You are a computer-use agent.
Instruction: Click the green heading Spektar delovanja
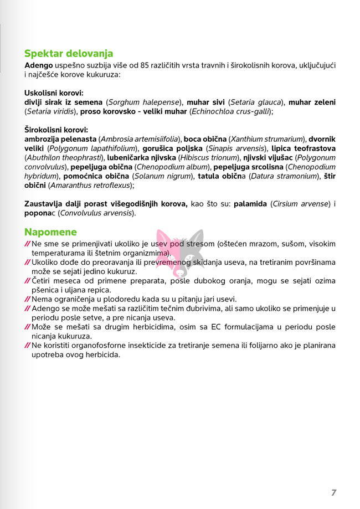(x=69, y=54)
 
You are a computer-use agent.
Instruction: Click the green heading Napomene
(x=50, y=232)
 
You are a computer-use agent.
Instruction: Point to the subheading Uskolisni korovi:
(x=54, y=93)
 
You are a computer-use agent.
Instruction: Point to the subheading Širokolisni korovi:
(x=56, y=130)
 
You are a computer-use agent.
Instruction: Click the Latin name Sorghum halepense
(x=144, y=102)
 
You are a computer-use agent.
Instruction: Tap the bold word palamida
(x=251, y=204)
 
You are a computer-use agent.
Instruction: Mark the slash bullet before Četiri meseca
(x=28, y=281)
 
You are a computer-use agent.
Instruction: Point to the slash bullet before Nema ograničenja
(x=28, y=299)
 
